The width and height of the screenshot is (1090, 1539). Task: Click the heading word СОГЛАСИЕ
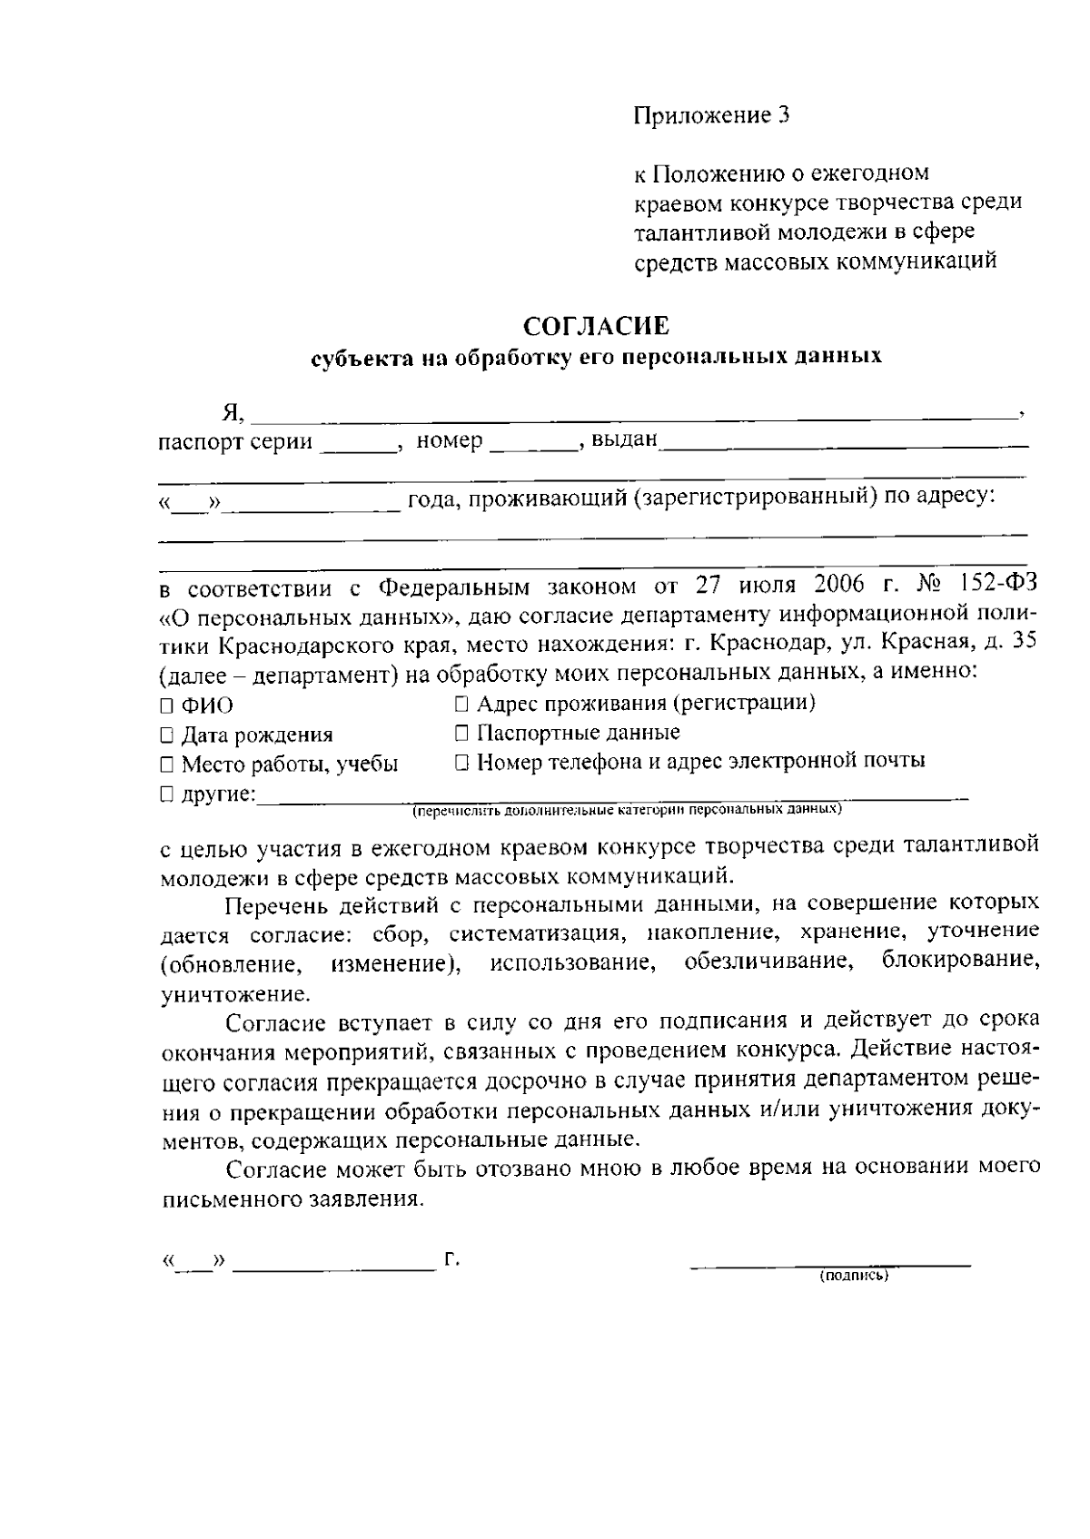pyautogui.click(x=597, y=325)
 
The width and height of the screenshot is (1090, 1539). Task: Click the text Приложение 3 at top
pyautogui.click(x=711, y=115)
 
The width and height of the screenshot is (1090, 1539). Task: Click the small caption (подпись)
pyautogui.click(x=853, y=1276)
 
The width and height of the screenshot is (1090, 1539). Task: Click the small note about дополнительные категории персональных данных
pyautogui.click(x=627, y=807)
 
